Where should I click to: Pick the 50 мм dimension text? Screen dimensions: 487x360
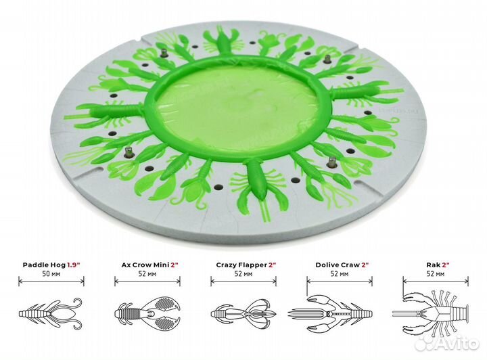coord(51,274)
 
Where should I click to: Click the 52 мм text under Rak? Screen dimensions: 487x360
coord(436,274)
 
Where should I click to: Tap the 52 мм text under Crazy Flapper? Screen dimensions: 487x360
coord(243,274)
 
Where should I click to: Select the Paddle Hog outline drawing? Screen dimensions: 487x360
coord(51,313)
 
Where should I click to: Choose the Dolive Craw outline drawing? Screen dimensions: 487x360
coord(330,313)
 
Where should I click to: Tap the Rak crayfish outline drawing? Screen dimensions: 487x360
coord(430,313)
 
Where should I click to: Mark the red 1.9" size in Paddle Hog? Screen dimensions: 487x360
coord(74,265)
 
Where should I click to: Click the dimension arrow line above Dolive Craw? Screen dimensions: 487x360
coord(340,282)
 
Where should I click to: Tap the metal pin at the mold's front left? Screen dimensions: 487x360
coord(129,152)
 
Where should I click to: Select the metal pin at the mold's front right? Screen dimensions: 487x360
coord(332,162)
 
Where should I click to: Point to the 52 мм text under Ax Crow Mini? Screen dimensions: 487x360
coord(147,274)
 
